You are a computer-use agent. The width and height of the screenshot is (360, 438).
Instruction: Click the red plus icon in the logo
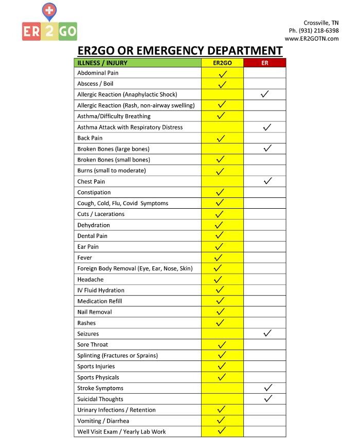pos(50,10)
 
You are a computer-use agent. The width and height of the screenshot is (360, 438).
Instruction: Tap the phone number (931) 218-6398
pos(314,30)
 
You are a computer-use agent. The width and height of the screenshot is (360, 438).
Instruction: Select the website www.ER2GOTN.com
pos(312,38)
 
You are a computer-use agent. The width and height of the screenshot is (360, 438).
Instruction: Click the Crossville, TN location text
pos(321,23)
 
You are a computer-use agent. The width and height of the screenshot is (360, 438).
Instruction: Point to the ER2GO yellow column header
pos(222,63)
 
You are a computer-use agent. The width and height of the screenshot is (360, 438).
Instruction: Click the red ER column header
pos(264,63)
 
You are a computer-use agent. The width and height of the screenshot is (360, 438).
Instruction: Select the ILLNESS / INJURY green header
pos(102,63)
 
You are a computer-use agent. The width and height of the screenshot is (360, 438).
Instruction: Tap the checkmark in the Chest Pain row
pos(266,181)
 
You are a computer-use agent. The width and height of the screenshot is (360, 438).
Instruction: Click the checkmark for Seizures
pos(266,333)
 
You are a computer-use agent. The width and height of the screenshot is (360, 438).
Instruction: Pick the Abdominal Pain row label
pos(98,73)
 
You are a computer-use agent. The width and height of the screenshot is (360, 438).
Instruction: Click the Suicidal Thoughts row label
pos(100,399)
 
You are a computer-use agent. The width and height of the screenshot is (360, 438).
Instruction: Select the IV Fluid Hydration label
pos(101,290)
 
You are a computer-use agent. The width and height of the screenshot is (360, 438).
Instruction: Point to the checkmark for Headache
pos(218,279)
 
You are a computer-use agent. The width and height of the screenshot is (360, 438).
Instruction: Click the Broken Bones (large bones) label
pos(113,149)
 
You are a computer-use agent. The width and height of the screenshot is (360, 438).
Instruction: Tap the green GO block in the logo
pos(68,31)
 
